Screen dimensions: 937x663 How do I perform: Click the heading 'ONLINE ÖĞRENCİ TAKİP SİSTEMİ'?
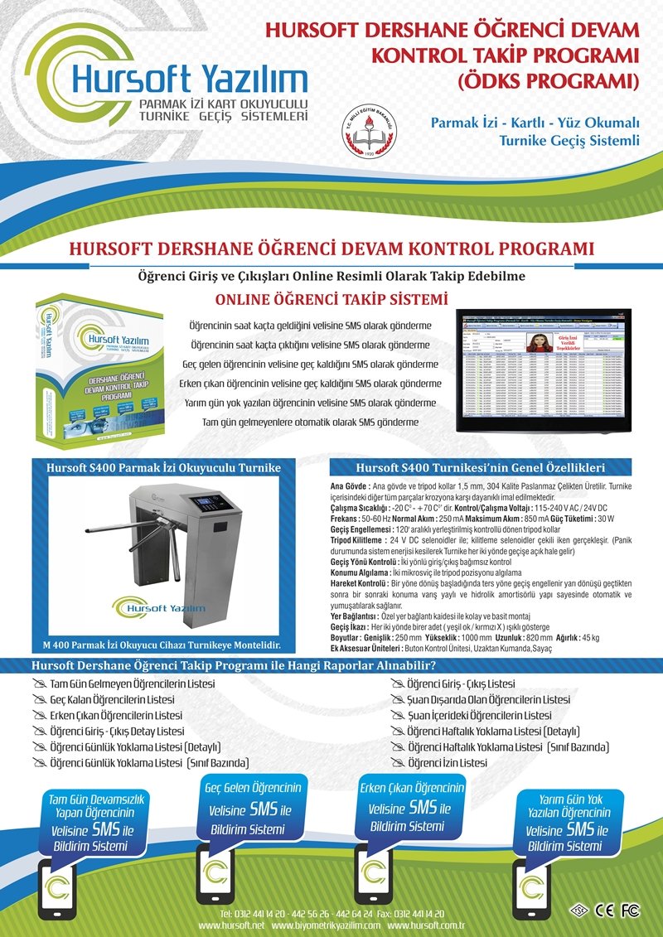331,298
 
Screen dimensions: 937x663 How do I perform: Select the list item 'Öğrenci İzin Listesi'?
448,762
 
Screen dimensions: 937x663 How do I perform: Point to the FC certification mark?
631,910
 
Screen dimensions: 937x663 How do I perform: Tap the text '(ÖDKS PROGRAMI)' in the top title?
547,81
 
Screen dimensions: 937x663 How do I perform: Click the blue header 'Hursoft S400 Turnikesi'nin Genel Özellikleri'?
481,467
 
